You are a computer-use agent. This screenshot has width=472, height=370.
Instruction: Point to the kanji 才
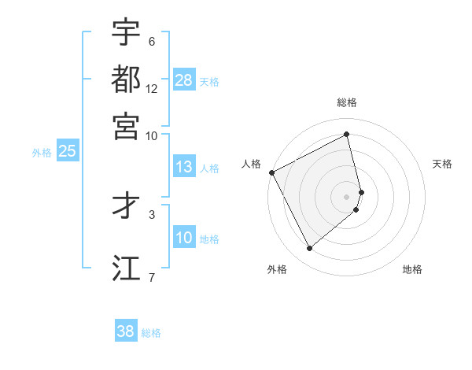[x=126, y=205]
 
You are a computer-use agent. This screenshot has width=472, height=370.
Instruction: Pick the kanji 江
[x=126, y=267]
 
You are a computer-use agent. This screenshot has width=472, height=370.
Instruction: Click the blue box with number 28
[x=184, y=80]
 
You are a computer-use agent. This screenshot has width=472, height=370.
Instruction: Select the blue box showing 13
[x=184, y=167]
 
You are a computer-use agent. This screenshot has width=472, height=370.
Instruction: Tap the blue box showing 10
[x=184, y=239]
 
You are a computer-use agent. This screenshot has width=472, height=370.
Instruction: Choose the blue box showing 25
[x=67, y=151]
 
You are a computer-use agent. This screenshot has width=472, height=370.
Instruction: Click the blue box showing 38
[x=126, y=331]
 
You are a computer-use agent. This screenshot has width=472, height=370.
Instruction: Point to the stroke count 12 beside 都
[x=152, y=90]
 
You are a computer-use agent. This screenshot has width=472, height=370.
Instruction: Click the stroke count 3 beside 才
[x=152, y=214]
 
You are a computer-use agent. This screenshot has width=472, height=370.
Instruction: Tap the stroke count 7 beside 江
[x=152, y=276]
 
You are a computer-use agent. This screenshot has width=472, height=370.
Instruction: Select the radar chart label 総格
[x=347, y=102]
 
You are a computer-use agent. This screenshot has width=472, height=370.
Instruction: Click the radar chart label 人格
[x=252, y=164]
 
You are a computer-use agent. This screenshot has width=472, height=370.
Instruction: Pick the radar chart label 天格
[x=442, y=164]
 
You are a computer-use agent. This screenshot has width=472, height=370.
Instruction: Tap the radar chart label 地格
[x=412, y=269]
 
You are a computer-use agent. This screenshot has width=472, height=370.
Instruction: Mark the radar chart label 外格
[x=277, y=269]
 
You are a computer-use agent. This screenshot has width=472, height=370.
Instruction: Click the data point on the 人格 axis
[x=271, y=172]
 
